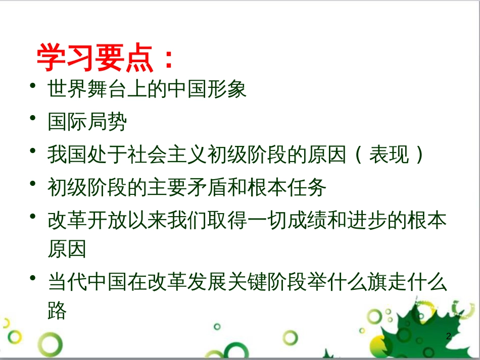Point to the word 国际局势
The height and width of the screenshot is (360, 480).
[87, 122]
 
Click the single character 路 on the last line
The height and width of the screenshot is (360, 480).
[57, 310]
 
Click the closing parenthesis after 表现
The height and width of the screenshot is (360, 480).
[418, 155]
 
